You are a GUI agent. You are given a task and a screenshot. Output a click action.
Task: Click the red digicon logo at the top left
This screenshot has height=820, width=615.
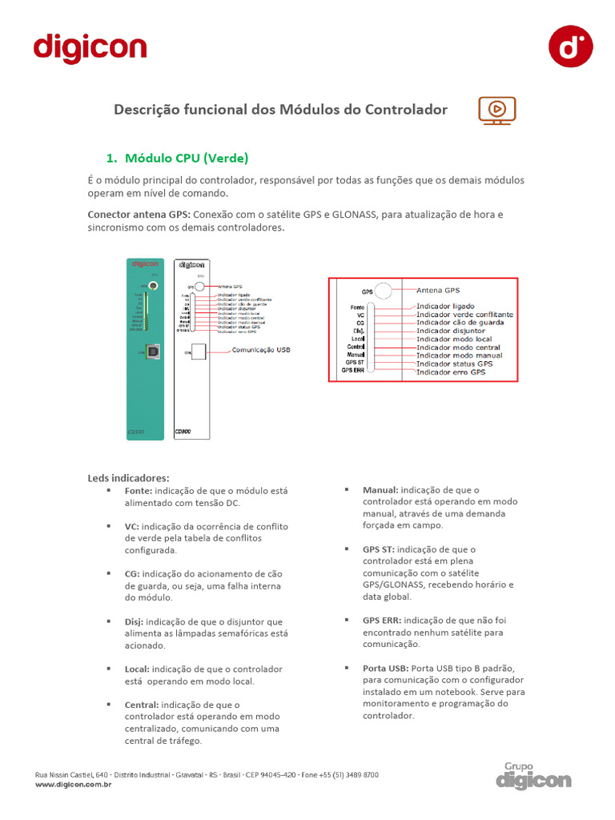click(x=90, y=48)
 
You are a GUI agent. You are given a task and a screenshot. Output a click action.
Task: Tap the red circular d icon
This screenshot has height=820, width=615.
click(x=570, y=46)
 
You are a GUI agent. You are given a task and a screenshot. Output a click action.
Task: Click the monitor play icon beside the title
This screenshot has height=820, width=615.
click(x=496, y=111)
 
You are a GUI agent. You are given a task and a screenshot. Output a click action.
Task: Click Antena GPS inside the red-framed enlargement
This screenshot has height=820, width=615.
click(x=438, y=290)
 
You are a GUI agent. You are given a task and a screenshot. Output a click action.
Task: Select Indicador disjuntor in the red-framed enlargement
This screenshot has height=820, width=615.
click(x=451, y=331)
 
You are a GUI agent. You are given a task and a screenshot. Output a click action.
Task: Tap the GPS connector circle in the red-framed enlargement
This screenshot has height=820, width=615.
click(x=384, y=291)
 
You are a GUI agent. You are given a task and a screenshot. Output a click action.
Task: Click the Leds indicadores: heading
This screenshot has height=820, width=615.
click(x=128, y=478)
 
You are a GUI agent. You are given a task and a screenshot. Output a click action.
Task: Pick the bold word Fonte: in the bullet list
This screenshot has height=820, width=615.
click(x=139, y=490)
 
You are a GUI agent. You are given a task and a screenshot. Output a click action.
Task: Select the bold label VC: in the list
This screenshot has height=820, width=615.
click(x=132, y=526)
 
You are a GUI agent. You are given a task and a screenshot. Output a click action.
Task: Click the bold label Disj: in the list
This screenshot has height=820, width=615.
click(x=134, y=621)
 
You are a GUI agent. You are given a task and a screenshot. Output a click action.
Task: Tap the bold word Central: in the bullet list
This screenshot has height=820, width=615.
click(x=142, y=705)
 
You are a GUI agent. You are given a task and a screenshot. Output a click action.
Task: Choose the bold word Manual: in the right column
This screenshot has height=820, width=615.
click(x=380, y=489)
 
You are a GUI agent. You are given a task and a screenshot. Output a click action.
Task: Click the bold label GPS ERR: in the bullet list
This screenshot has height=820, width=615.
click(x=382, y=620)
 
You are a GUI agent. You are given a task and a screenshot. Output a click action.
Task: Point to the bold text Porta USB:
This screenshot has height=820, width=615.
click(x=386, y=668)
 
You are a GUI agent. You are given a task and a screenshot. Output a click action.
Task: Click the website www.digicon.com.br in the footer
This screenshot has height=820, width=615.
click(x=73, y=786)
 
